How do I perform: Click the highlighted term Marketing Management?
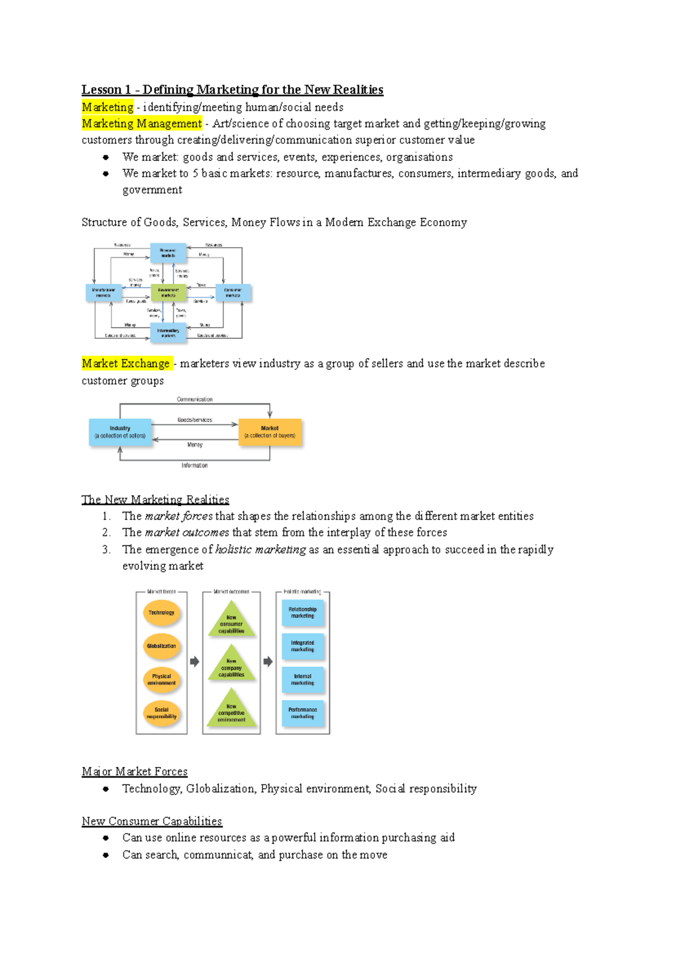pos(141,123)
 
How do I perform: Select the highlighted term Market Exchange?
pos(126,363)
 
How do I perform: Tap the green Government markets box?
pos(168,292)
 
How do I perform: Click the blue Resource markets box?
pos(168,253)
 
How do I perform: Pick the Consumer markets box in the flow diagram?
pos(233,292)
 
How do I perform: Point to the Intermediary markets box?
pos(168,333)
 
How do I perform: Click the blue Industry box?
pos(120,432)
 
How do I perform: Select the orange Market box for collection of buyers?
pos(270,432)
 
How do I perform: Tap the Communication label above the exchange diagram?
pos(194,399)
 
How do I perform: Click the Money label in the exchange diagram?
pos(194,445)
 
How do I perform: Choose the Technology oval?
pos(162,613)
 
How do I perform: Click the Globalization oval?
pos(162,646)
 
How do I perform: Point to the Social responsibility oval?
pos(162,713)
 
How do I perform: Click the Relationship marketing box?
pos(303,613)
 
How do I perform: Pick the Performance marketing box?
pos(303,713)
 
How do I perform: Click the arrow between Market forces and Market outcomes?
pos(194,662)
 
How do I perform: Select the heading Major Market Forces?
pos(134,772)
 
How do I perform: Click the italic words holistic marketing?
pos(260,549)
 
